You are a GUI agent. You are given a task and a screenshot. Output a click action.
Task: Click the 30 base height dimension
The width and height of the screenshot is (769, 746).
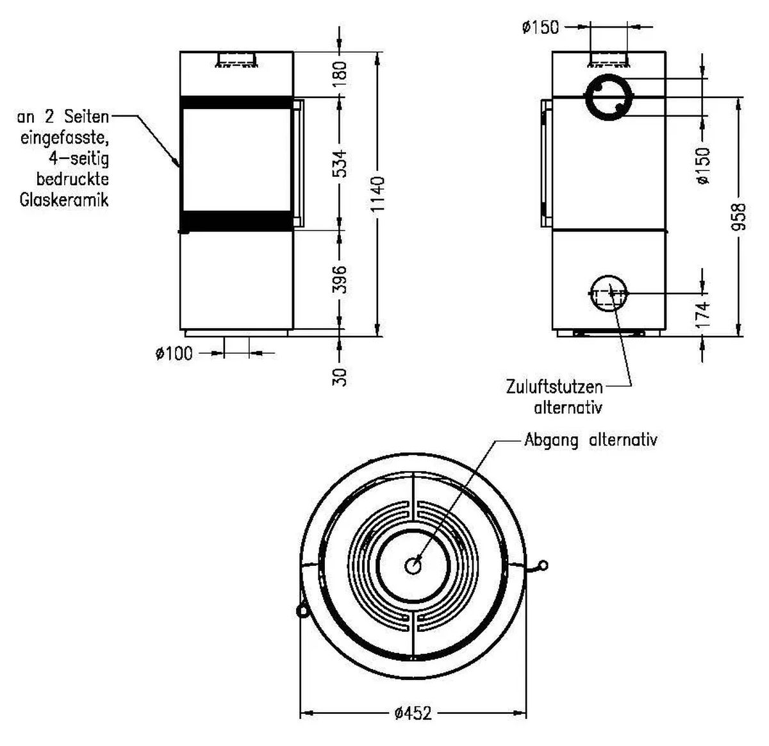[x=341, y=376]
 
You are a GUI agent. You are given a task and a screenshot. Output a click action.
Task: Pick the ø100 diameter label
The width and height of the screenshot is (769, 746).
[x=173, y=353]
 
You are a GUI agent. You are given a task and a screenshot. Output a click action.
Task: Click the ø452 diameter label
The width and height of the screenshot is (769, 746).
[x=413, y=713]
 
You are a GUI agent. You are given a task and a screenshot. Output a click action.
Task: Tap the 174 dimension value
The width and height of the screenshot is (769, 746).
[x=703, y=315]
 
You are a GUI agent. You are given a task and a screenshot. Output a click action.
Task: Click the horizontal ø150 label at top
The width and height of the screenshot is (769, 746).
[x=540, y=28]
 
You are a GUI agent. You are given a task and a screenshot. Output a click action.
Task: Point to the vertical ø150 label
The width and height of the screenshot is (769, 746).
[x=703, y=165]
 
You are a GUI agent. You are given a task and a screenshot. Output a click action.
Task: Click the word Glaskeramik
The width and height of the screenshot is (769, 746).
[x=64, y=200]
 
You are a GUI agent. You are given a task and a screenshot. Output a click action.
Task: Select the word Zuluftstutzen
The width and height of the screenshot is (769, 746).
[x=554, y=387]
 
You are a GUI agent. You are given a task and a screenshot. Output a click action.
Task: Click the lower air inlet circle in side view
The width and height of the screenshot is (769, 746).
[x=608, y=293]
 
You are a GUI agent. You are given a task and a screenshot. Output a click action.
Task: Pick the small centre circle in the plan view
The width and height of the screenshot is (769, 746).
[x=413, y=566]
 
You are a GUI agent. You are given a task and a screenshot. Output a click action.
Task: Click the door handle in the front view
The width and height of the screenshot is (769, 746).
[x=298, y=163]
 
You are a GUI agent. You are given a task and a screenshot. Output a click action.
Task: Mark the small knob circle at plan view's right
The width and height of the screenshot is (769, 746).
[x=543, y=565]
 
